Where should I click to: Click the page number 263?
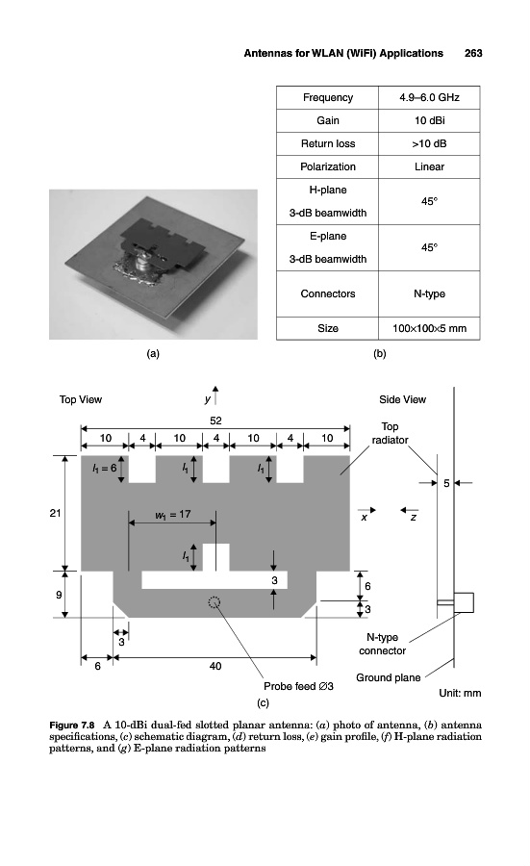[473, 54]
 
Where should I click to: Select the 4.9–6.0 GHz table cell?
[430, 98]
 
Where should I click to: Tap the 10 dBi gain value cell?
[430, 120]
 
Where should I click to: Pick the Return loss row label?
[328, 143]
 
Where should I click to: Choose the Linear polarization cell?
[430, 166]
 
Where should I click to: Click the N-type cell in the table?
[430, 293]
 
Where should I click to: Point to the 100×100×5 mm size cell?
[430, 328]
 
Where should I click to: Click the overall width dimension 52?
[215, 420]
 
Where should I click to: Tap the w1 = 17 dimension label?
[173, 515]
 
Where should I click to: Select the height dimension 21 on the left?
[55, 513]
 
